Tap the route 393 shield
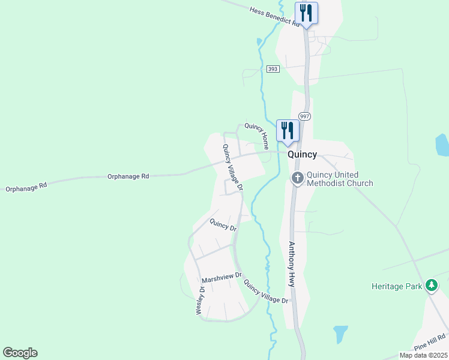pos(273,70)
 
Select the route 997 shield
pos(304,116)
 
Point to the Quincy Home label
pos(257,136)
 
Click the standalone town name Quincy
pos(302,154)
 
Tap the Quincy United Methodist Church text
pos(340,179)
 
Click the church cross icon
pos(297,178)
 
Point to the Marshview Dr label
pos(221,278)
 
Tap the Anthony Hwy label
pos(292,264)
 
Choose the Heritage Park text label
pos(397,287)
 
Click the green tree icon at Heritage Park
pos(431,286)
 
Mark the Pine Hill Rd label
pos(430,343)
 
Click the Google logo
pos(20,353)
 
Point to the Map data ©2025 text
pos(423,355)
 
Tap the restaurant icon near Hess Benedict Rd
pos(306,13)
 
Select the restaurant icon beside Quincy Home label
pos(288,131)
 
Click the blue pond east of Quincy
pos(442,145)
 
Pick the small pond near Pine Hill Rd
pos(340,334)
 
